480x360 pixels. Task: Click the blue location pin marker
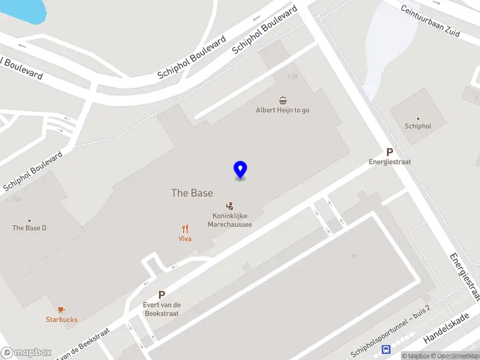pyautogui.click(x=240, y=169)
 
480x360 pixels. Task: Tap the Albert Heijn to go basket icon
pyautogui.click(x=282, y=100)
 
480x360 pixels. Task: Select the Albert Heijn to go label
pyautogui.click(x=283, y=110)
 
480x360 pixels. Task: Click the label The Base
pyautogui.click(x=192, y=193)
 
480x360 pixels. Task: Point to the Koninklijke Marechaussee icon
pyautogui.click(x=229, y=206)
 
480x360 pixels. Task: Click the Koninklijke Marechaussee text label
pyautogui.click(x=229, y=220)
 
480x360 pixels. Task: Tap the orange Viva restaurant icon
pyautogui.click(x=185, y=228)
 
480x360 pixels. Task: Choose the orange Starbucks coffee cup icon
pyautogui.click(x=62, y=310)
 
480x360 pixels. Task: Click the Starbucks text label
pyautogui.click(x=62, y=320)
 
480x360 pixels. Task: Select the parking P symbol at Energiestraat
pyautogui.click(x=389, y=152)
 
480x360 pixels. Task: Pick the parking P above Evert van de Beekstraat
pyautogui.click(x=161, y=295)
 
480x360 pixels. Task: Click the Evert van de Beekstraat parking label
pyautogui.click(x=161, y=309)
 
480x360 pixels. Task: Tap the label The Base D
pyautogui.click(x=29, y=228)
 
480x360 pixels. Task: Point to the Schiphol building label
pyautogui.click(x=418, y=127)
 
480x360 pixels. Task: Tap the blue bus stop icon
pyautogui.click(x=387, y=350)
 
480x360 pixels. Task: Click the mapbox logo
pyautogui.click(x=26, y=352)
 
